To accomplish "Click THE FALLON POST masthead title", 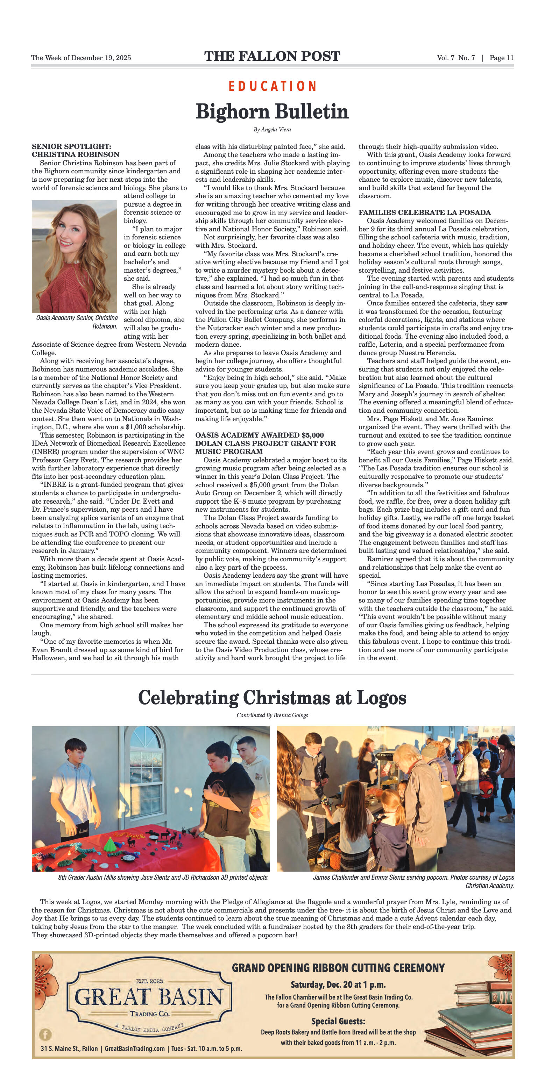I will [x=272, y=56].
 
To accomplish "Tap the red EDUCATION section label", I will [x=272, y=86].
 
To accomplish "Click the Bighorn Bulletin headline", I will [x=272, y=111].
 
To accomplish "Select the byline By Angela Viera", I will [x=272, y=129].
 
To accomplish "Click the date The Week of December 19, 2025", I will [x=81, y=58].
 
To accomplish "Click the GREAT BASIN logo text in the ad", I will [x=149, y=997].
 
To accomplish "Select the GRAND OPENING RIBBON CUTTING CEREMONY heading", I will [x=338, y=968].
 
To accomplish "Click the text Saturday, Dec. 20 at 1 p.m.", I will [x=338, y=985].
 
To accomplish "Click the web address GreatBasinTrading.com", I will [x=135, y=1049].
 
